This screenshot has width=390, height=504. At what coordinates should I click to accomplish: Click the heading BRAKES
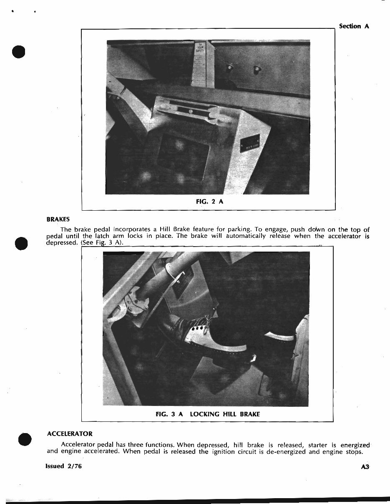tap(58, 219)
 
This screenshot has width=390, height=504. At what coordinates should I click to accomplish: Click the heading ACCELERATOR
tap(70, 434)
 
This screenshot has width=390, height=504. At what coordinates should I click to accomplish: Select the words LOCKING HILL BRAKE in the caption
tap(225, 414)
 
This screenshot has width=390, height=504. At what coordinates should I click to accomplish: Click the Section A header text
tap(354, 26)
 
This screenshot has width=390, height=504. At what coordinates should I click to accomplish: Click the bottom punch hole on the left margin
tap(25, 439)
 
